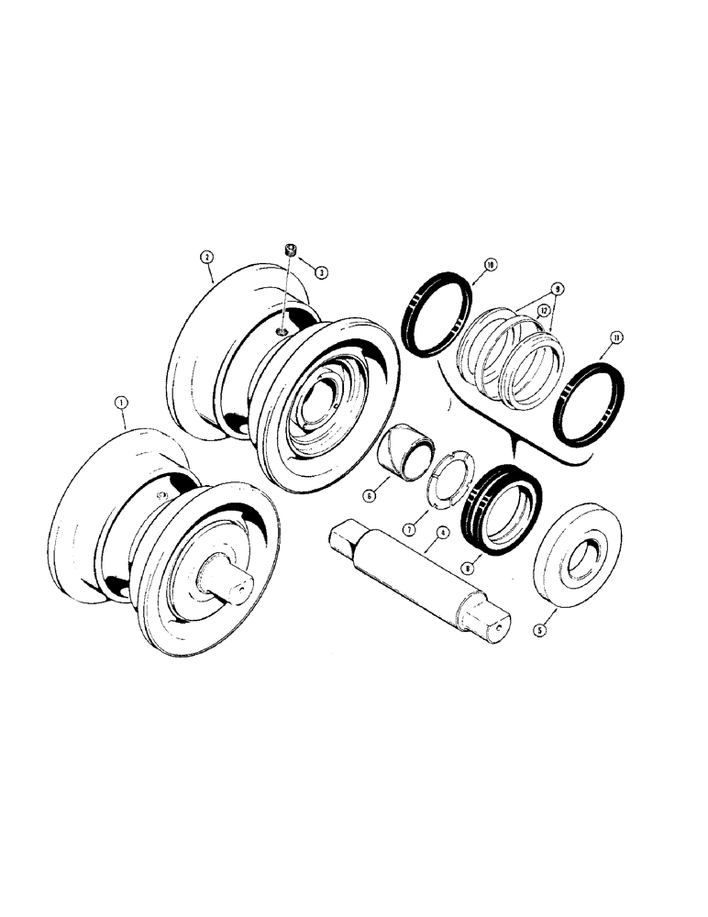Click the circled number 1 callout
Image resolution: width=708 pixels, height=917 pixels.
[120, 402]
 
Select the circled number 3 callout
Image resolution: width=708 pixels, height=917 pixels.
[321, 271]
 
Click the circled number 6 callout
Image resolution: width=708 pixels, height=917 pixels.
[369, 495]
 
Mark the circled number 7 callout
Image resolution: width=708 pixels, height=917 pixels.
[411, 528]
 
